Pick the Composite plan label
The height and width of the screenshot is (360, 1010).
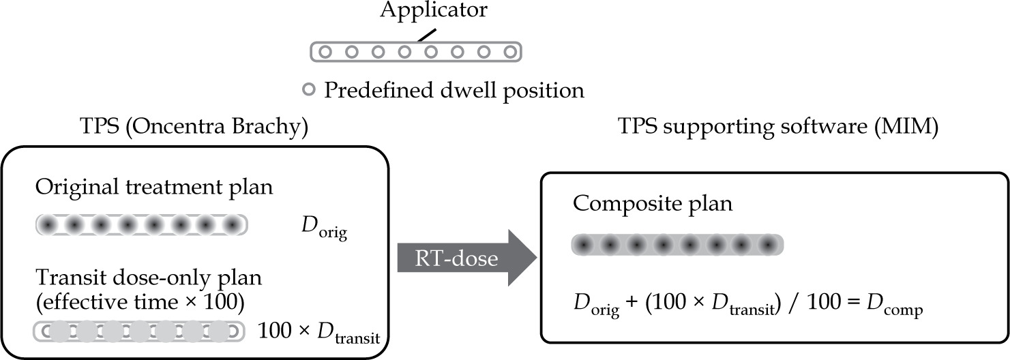(653, 205)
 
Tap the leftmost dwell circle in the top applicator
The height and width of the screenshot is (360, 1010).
(325, 51)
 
